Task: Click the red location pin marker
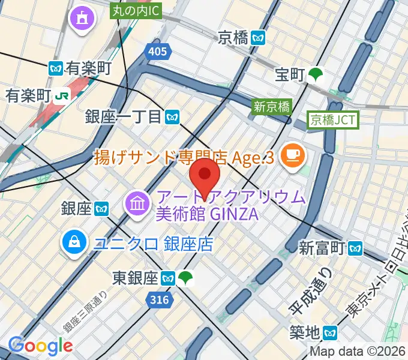[205, 175]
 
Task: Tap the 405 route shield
[156, 52]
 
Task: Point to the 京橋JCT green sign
[333, 120]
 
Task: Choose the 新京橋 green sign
[272, 107]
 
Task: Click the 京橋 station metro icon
[259, 37]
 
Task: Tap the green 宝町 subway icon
[315, 75]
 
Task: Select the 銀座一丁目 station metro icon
[173, 116]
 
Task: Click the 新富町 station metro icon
[357, 247]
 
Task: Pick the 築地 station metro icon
[330, 331]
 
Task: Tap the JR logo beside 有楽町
[61, 95]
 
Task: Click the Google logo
[40, 345]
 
